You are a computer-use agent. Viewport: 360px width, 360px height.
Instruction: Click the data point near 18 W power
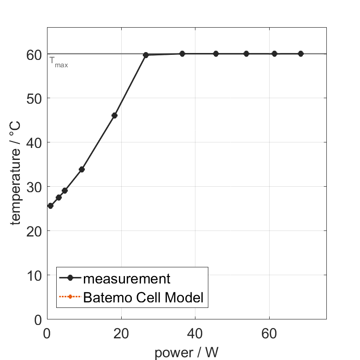click(114, 115)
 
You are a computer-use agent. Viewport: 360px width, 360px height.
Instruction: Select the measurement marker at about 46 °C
click(114, 115)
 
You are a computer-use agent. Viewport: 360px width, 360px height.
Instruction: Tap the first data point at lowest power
click(51, 206)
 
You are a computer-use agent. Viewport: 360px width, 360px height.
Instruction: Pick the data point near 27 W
click(146, 55)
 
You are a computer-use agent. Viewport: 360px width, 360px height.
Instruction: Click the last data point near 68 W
click(301, 53)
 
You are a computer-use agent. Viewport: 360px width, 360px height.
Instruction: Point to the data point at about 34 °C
click(82, 169)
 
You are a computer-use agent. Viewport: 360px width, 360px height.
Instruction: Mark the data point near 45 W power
click(216, 53)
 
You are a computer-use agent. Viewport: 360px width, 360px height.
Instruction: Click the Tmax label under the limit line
click(59, 64)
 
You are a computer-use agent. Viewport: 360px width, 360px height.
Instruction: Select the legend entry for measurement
click(127, 278)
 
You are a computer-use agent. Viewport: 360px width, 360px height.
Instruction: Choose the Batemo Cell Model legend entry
click(143, 297)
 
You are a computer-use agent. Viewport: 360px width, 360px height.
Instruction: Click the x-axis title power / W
click(186, 353)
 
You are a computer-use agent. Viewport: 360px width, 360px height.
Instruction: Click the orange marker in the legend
click(70, 297)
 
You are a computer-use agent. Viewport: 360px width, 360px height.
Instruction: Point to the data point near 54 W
click(246, 53)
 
